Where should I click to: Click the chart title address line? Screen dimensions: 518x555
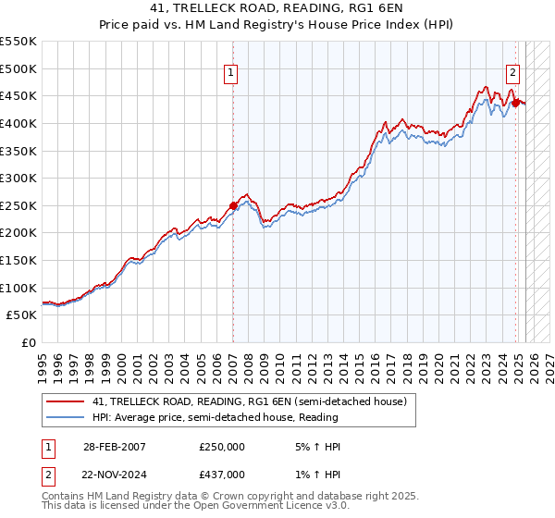[x=277, y=9]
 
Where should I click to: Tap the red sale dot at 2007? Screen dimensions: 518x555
[x=233, y=206]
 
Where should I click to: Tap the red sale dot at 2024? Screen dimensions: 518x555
[x=515, y=103]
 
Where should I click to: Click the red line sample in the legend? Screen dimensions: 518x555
[x=65, y=401]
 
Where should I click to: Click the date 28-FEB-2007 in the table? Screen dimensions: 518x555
[x=114, y=448]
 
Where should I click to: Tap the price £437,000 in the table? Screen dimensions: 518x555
[x=222, y=474]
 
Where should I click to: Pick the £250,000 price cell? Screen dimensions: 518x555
[x=222, y=448]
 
